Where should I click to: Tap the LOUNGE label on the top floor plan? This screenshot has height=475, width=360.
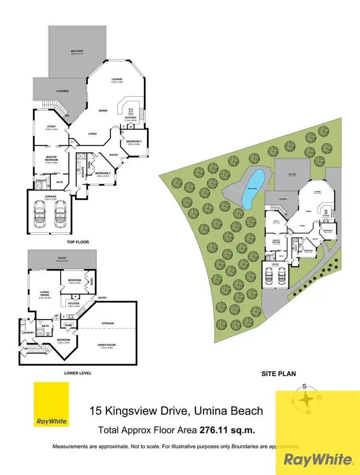(117, 79)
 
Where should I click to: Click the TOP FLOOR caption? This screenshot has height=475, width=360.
(78, 242)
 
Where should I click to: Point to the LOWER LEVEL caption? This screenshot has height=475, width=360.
(77, 373)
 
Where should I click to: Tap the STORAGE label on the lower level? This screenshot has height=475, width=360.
(108, 323)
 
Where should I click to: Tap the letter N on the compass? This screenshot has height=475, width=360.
(308, 412)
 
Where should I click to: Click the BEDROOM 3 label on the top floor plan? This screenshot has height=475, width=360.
(133, 141)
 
